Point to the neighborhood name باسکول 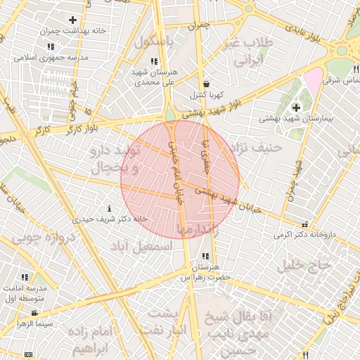[153, 41]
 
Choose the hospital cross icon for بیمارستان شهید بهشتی [296, 108]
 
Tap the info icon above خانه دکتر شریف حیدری [109, 209]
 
